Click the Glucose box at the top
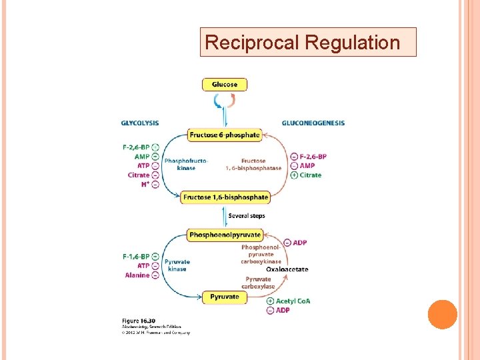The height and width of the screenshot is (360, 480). pyautogui.click(x=225, y=85)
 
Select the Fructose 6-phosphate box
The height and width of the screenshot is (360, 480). pyautogui.click(x=224, y=135)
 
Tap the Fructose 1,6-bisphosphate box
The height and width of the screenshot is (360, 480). pyautogui.click(x=225, y=197)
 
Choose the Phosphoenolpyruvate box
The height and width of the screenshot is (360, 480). pyautogui.click(x=225, y=235)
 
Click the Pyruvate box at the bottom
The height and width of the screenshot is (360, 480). pyautogui.click(x=225, y=297)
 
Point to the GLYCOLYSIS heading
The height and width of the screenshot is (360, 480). pyautogui.click(x=140, y=123)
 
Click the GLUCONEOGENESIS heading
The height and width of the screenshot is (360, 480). pyautogui.click(x=313, y=123)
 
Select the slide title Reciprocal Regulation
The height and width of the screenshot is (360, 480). pyautogui.click(x=302, y=43)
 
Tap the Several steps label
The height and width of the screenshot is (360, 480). pyautogui.click(x=247, y=216)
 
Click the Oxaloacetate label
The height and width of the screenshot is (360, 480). pyautogui.click(x=287, y=269)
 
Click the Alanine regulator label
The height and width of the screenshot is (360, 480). pyautogui.click(x=137, y=275)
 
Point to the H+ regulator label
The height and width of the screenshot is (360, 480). pyautogui.click(x=145, y=185)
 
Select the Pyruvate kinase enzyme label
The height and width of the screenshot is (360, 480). pyautogui.click(x=177, y=265)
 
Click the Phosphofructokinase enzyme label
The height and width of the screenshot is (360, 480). pyautogui.click(x=186, y=164)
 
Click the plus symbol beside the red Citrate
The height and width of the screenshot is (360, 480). pyautogui.click(x=294, y=175)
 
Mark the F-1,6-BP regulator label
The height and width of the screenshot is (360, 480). pyautogui.click(x=136, y=256)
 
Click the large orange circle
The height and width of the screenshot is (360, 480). pyautogui.click(x=442, y=315)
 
